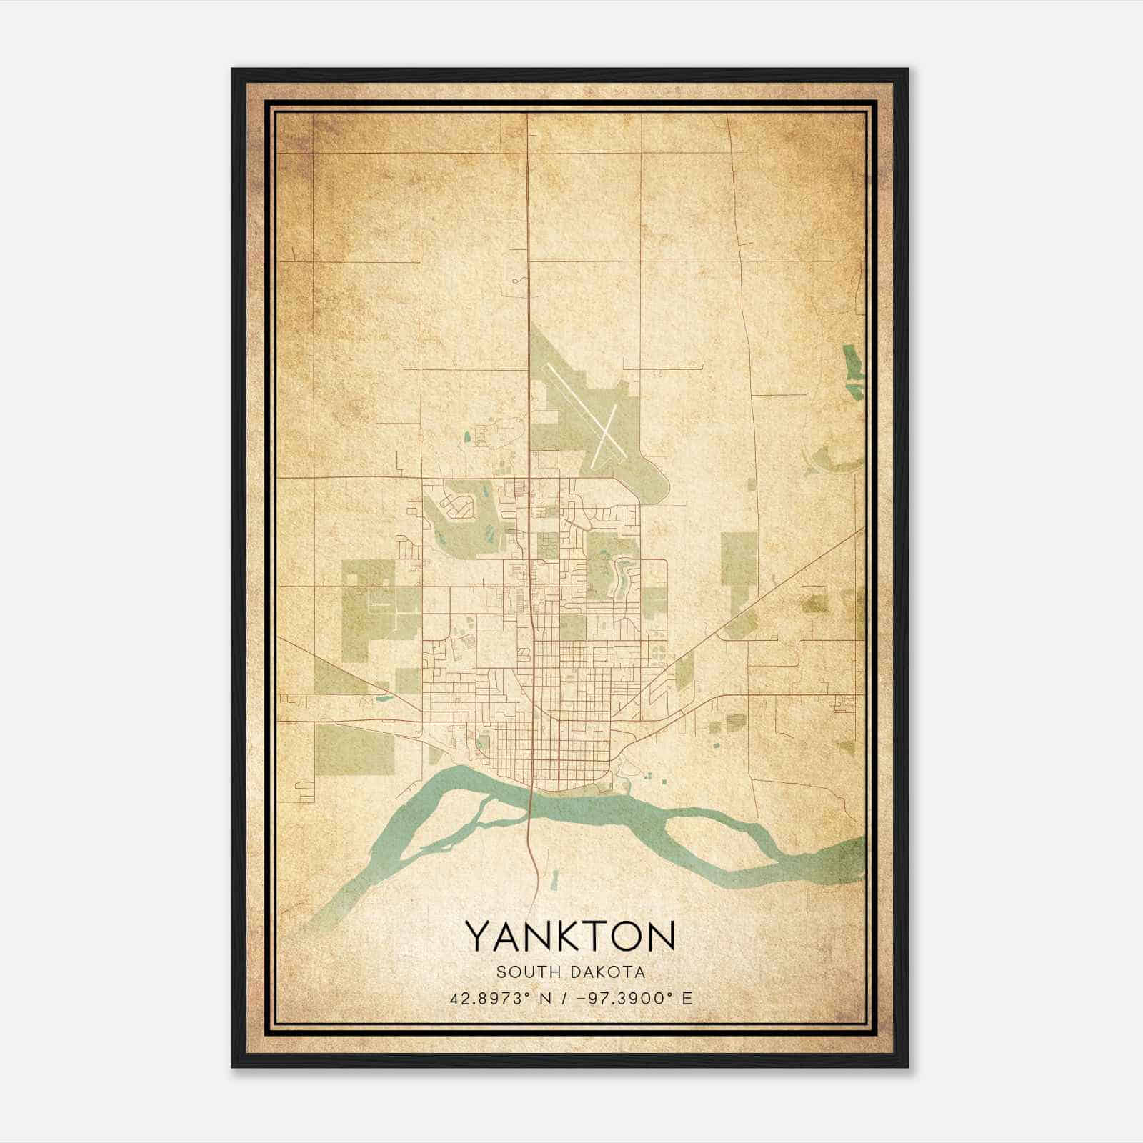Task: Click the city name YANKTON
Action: (x=570, y=936)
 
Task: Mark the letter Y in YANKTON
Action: (x=478, y=936)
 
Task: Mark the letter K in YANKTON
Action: (x=553, y=936)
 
